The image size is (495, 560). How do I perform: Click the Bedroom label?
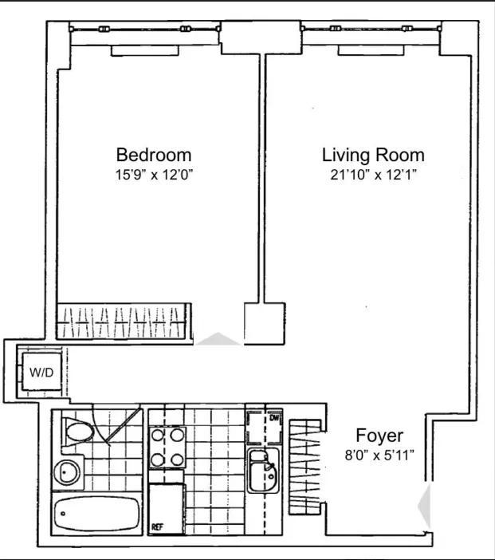[x=154, y=155]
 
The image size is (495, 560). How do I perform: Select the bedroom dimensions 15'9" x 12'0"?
[x=154, y=174]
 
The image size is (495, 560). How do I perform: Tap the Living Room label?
[x=373, y=155]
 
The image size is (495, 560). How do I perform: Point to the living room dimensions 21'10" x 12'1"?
[x=373, y=174]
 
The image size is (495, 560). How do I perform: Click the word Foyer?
[x=379, y=436]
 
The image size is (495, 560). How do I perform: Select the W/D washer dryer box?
[x=39, y=373]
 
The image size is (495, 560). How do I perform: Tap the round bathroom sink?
[x=68, y=472]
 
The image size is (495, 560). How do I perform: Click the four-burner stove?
[x=167, y=447]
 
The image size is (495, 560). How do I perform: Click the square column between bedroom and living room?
[x=264, y=323]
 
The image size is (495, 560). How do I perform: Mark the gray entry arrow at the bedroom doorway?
[x=218, y=340]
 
